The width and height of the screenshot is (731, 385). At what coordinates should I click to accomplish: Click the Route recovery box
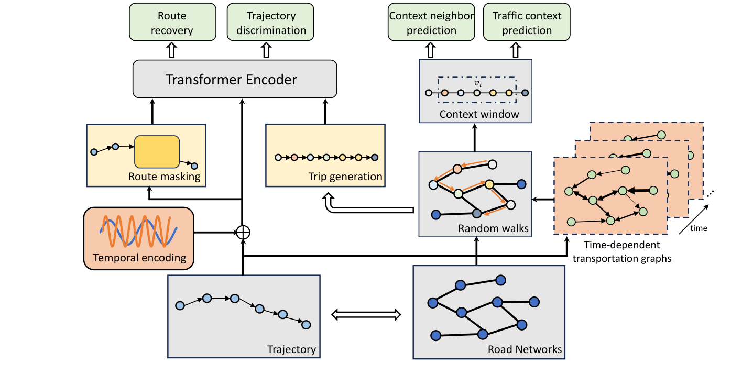[172, 22]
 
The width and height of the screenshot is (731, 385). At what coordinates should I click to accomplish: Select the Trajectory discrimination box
[270, 22]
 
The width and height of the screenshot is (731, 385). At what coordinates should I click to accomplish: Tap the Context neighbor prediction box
[431, 22]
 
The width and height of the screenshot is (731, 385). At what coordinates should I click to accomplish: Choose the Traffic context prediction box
[527, 22]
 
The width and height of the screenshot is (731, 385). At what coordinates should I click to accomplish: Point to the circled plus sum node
[242, 232]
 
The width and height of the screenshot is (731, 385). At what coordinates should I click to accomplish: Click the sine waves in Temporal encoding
[138, 231]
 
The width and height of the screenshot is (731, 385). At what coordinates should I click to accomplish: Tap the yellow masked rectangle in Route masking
[157, 151]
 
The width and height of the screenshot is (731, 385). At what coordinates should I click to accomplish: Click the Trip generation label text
[345, 177]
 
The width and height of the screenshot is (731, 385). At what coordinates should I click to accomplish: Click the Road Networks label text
[525, 349]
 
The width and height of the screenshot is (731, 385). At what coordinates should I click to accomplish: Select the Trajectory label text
[291, 349]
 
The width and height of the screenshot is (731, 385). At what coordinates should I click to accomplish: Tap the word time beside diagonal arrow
[698, 228]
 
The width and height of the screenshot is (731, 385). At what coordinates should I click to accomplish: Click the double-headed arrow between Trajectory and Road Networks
[367, 314]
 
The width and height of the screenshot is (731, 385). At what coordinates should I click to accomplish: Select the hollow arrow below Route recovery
[171, 50]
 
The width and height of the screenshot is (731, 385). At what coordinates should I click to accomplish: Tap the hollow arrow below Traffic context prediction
[516, 50]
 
